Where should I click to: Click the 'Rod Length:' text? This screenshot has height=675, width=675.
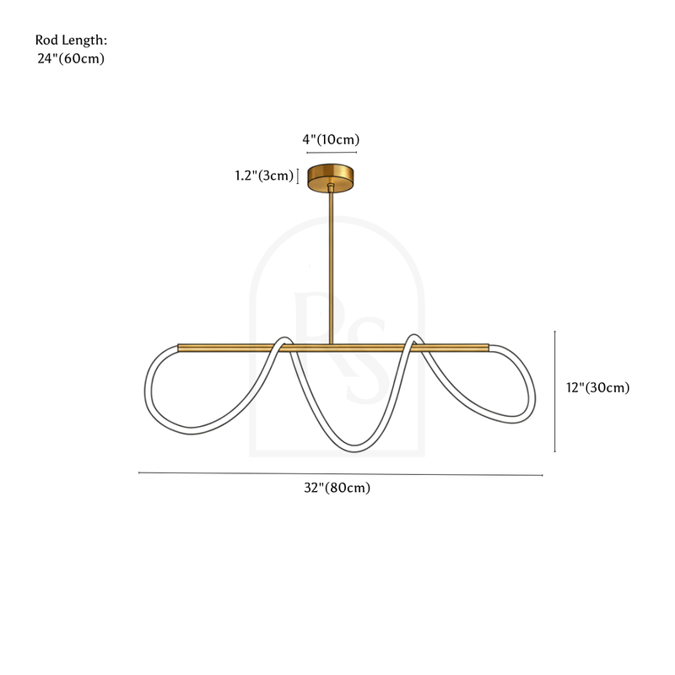pos(71,40)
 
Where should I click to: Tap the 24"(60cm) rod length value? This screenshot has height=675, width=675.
pos(71,58)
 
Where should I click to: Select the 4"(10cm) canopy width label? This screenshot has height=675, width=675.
pos(331,139)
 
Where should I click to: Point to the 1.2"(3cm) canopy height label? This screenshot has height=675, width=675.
pos(264,175)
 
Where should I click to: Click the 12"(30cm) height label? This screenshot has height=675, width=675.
pos(598,387)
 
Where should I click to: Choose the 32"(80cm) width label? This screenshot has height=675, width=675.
pos(337,488)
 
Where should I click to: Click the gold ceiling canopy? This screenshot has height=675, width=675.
pos(330,177)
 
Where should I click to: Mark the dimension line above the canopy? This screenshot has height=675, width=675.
pos(332,153)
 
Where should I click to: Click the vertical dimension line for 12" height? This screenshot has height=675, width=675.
pos(555,391)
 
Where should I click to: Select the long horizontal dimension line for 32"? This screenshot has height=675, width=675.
pos(341,474)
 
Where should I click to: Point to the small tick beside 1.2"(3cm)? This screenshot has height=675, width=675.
pos(298,176)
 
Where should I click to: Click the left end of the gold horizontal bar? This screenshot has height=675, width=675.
pos(179,348)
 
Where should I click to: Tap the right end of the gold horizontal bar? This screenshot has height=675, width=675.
pos(488,348)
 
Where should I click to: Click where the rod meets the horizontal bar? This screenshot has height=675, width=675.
pos(331,344)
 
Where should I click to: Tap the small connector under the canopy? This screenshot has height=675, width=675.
pos(331,186)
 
